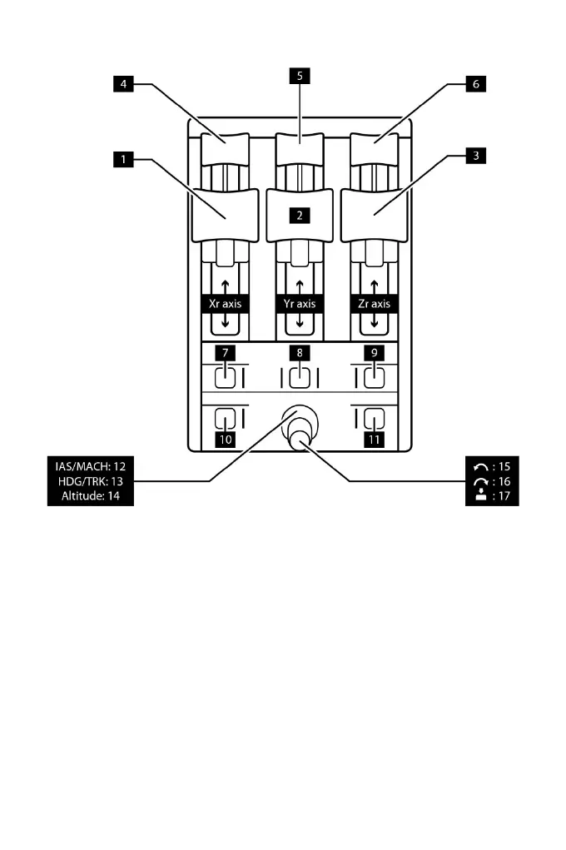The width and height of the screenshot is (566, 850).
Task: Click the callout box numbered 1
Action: tap(123, 157)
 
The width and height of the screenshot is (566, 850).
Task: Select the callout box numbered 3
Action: tap(475, 156)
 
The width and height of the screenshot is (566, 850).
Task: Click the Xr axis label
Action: tap(225, 305)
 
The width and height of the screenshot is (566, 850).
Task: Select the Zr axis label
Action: tap(374, 305)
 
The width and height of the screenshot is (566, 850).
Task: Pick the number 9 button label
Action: tap(374, 353)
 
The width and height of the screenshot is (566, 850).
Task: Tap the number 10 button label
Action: tap(225, 439)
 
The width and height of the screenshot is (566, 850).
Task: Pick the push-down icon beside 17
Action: tap(481, 495)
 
